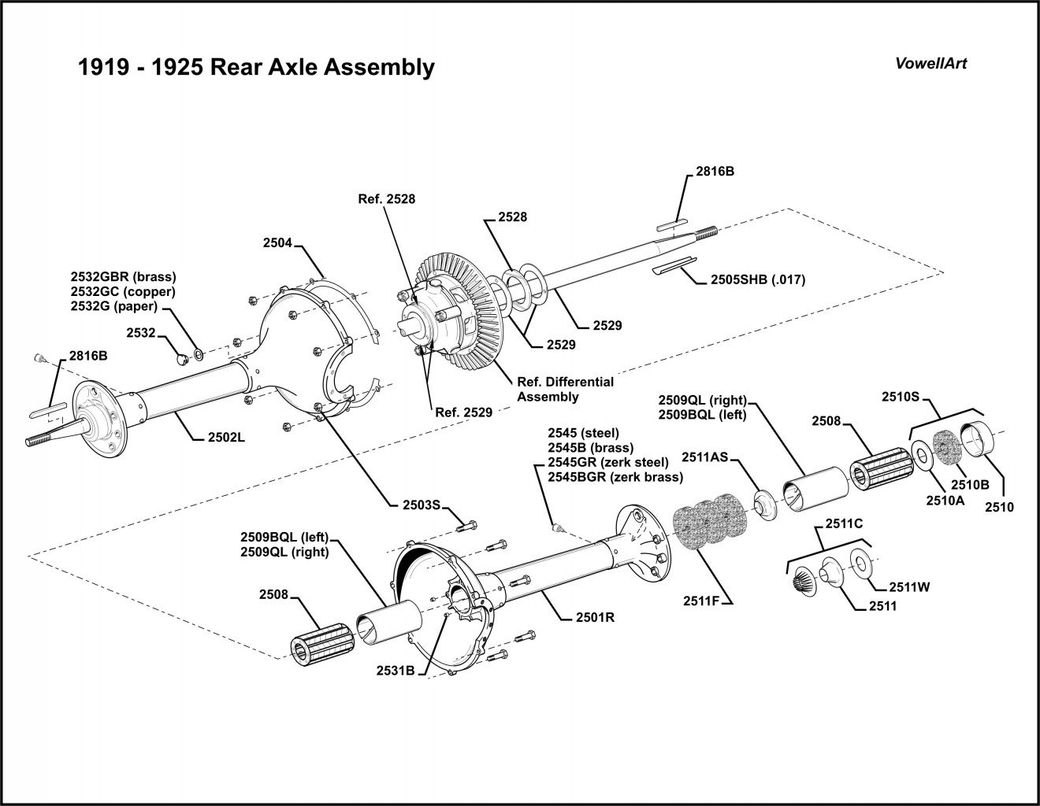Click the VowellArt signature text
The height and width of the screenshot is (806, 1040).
click(x=930, y=64)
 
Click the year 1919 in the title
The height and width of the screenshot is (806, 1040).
click(x=102, y=67)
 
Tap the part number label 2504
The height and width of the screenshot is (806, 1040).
click(x=277, y=244)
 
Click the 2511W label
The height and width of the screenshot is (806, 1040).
click(x=910, y=586)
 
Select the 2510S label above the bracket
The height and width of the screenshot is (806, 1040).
click(x=905, y=397)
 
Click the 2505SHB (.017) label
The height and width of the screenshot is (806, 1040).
click(x=757, y=279)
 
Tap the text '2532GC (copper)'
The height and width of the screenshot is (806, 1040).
click(x=123, y=291)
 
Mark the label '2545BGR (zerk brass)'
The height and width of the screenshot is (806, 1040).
click(x=615, y=476)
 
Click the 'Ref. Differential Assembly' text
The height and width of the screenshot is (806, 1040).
click(x=564, y=389)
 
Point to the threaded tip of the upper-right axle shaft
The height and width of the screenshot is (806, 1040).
click(x=707, y=231)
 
